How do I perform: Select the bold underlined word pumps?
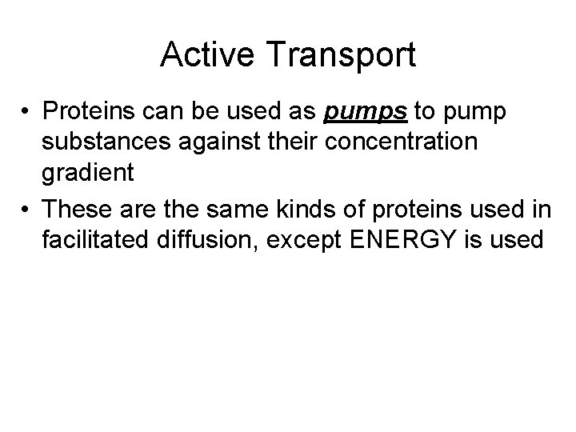click(356, 113)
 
